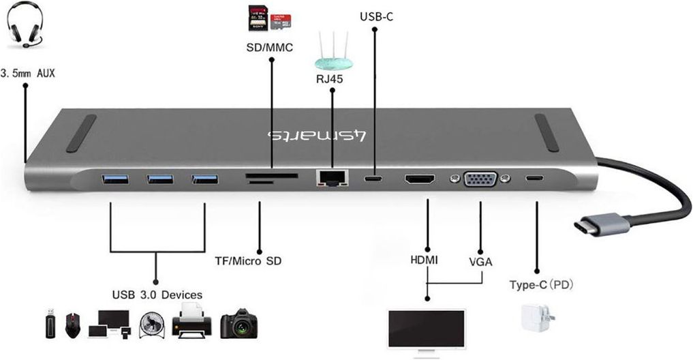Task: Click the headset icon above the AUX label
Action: [x=26, y=25]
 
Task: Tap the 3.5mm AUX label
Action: [x=28, y=73]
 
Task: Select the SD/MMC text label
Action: [x=270, y=47]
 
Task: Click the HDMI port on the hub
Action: [x=420, y=179]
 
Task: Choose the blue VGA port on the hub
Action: [x=480, y=179]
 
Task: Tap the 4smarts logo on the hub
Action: [x=317, y=136]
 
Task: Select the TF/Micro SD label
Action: [x=248, y=261]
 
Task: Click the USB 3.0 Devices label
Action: [x=157, y=295]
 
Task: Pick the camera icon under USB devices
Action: [x=238, y=324]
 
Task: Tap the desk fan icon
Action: [x=152, y=325]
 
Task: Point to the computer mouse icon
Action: [x=73, y=325]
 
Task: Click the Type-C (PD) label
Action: [x=541, y=285]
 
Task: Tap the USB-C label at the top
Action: [x=376, y=17]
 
